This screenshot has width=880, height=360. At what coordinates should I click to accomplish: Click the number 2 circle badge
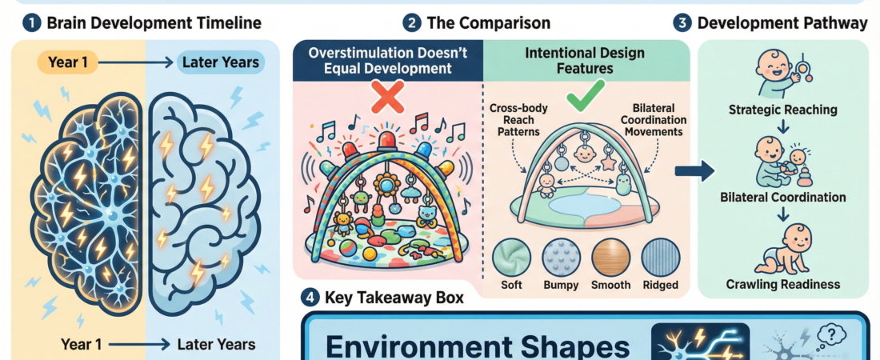[411, 22]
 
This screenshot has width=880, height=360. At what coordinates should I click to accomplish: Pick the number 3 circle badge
[682, 22]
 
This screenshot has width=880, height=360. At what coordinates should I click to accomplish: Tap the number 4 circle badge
[310, 298]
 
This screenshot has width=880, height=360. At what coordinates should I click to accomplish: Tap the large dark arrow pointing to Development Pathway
[691, 169]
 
